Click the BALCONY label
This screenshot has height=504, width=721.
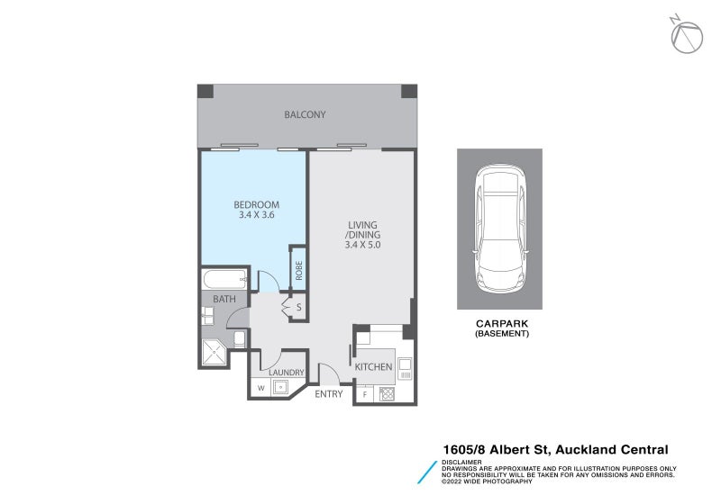pyautogui.click(x=305, y=114)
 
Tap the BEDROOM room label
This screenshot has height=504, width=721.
pyautogui.click(x=256, y=204)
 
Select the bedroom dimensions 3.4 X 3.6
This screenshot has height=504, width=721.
pyautogui.click(x=256, y=215)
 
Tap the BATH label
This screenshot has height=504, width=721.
pyautogui.click(x=224, y=298)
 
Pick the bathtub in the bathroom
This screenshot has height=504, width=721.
pyautogui.click(x=224, y=279)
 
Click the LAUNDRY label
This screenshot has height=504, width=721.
pyautogui.click(x=286, y=372)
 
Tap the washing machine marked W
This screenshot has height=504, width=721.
pyautogui.click(x=261, y=388)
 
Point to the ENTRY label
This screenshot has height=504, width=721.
pyautogui.click(x=328, y=393)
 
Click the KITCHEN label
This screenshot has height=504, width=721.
pyautogui.click(x=372, y=366)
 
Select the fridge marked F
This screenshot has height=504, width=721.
pyautogui.click(x=365, y=393)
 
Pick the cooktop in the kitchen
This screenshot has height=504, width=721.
pyautogui.click(x=388, y=392)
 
